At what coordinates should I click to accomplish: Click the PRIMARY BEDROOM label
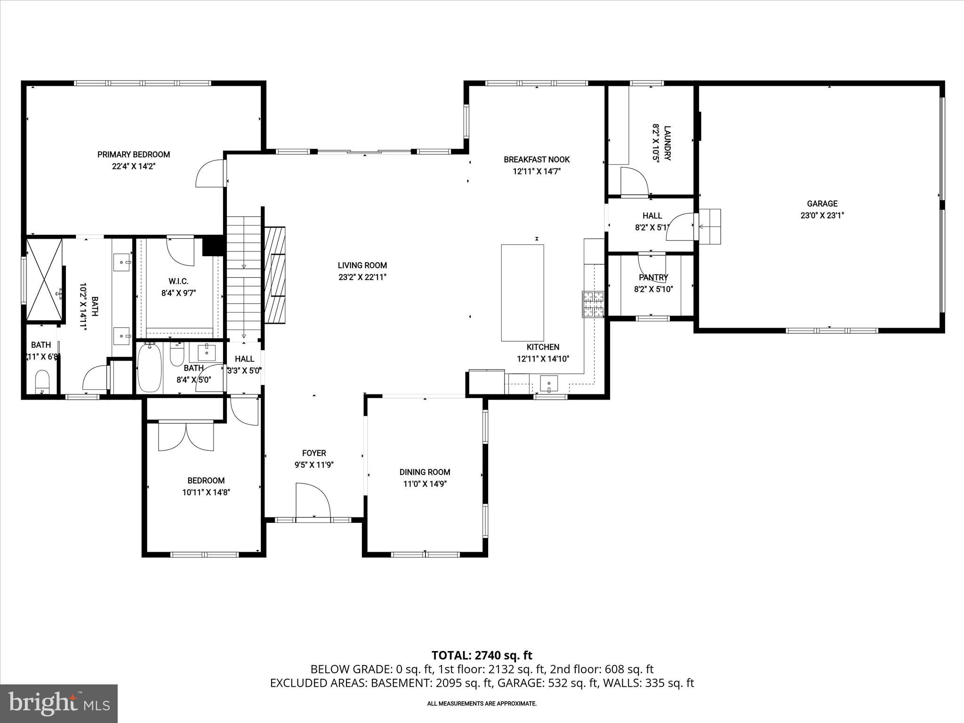(133, 154)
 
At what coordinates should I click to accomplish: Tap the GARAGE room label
(822, 204)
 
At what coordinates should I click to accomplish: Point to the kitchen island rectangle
(522, 292)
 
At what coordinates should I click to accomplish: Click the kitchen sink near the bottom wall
(549, 383)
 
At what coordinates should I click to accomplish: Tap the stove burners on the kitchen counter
(593, 304)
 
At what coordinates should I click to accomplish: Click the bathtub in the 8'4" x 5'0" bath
(150, 368)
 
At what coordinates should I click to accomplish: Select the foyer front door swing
(312, 501)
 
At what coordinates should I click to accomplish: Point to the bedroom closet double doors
(186, 436)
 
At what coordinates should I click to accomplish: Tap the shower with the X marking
(44, 279)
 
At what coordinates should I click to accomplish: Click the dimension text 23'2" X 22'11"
(362, 277)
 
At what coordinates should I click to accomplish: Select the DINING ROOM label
(425, 472)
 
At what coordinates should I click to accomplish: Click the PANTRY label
(653, 278)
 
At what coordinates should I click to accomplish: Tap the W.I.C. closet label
(178, 281)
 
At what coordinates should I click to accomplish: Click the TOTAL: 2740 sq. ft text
(482, 655)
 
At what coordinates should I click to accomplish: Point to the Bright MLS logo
(59, 703)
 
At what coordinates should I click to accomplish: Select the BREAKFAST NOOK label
(537, 160)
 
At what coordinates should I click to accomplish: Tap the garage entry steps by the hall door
(710, 226)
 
